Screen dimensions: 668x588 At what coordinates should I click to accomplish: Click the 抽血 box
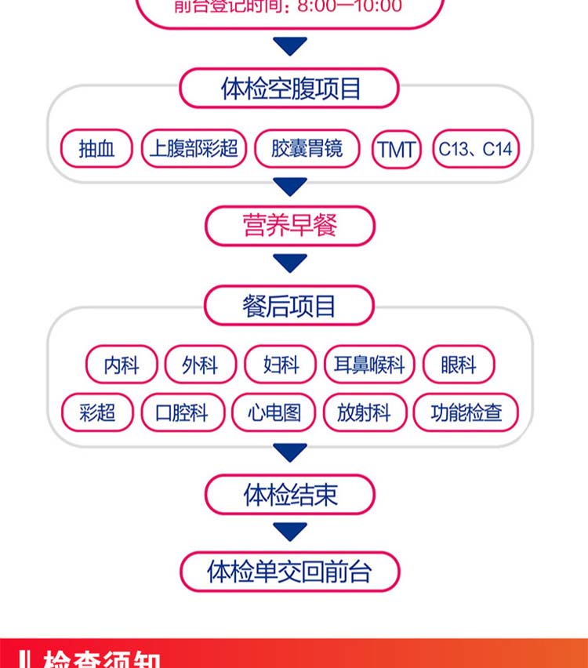click(x=97, y=149)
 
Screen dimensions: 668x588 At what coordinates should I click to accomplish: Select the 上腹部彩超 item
click(x=194, y=149)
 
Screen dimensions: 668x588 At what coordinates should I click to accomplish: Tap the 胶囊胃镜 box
click(x=307, y=149)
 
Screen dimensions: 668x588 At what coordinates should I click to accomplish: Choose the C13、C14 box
click(x=476, y=149)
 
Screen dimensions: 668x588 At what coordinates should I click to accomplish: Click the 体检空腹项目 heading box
click(x=290, y=88)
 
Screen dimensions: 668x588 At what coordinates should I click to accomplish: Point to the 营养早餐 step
click(x=290, y=226)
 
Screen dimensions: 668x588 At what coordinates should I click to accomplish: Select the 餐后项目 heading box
click(x=290, y=305)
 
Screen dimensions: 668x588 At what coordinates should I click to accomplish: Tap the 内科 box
click(x=122, y=365)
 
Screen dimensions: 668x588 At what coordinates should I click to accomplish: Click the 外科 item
click(x=200, y=365)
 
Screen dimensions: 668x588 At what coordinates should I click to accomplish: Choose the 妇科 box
click(x=281, y=365)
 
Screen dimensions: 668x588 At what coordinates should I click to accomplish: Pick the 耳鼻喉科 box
click(x=369, y=365)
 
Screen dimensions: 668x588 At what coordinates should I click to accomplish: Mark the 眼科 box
click(x=459, y=365)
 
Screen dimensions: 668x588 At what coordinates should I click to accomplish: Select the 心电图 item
click(x=274, y=412)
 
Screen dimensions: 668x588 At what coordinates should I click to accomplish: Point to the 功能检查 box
click(x=466, y=412)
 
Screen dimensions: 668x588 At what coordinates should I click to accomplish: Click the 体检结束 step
click(x=290, y=495)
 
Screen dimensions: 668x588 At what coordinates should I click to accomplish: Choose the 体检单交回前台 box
click(x=290, y=572)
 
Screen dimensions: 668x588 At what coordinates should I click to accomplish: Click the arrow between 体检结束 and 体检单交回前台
click(x=290, y=532)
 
